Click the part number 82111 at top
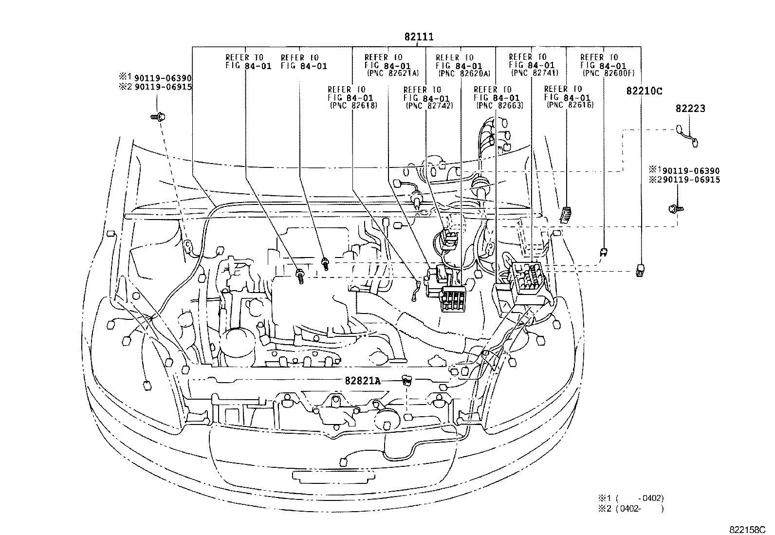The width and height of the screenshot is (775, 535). pos(418,37)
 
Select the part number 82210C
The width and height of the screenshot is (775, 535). pos(645,91)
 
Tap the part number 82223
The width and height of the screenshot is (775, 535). pos(690,109)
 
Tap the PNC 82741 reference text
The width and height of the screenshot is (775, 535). pos(535,73)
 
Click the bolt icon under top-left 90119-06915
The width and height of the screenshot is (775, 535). pos(157,117)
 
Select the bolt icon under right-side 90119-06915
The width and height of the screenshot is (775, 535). pos(676,209)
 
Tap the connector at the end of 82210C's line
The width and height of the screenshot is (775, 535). pos(641,269)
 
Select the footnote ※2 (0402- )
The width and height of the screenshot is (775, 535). pos(631,509)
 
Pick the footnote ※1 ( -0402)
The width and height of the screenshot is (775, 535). pos(631,498)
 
